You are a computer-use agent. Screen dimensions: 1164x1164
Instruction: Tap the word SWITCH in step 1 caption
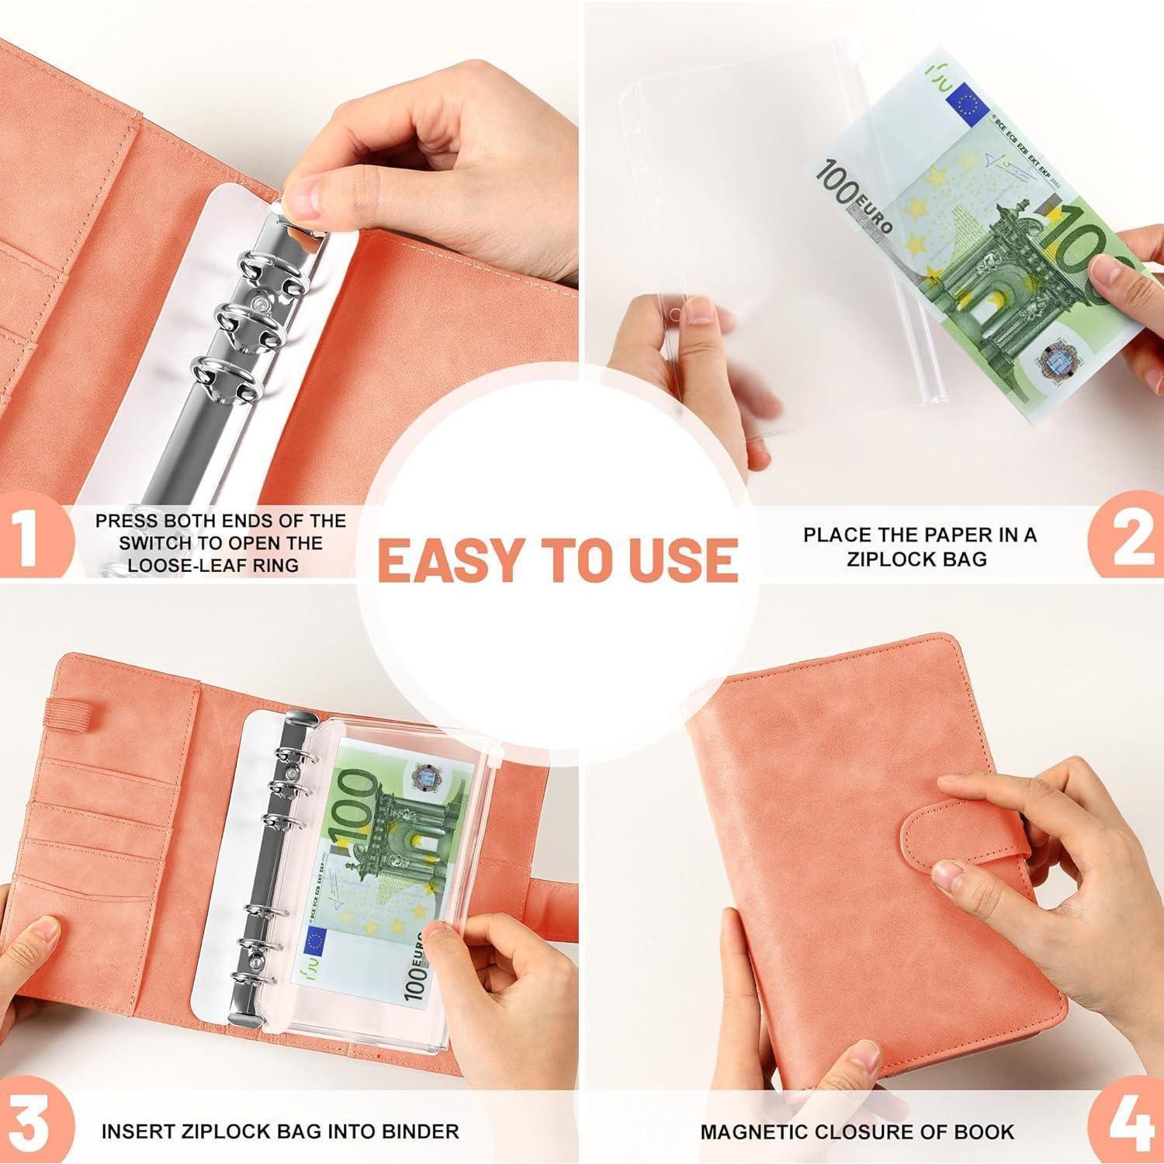point(158,542)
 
